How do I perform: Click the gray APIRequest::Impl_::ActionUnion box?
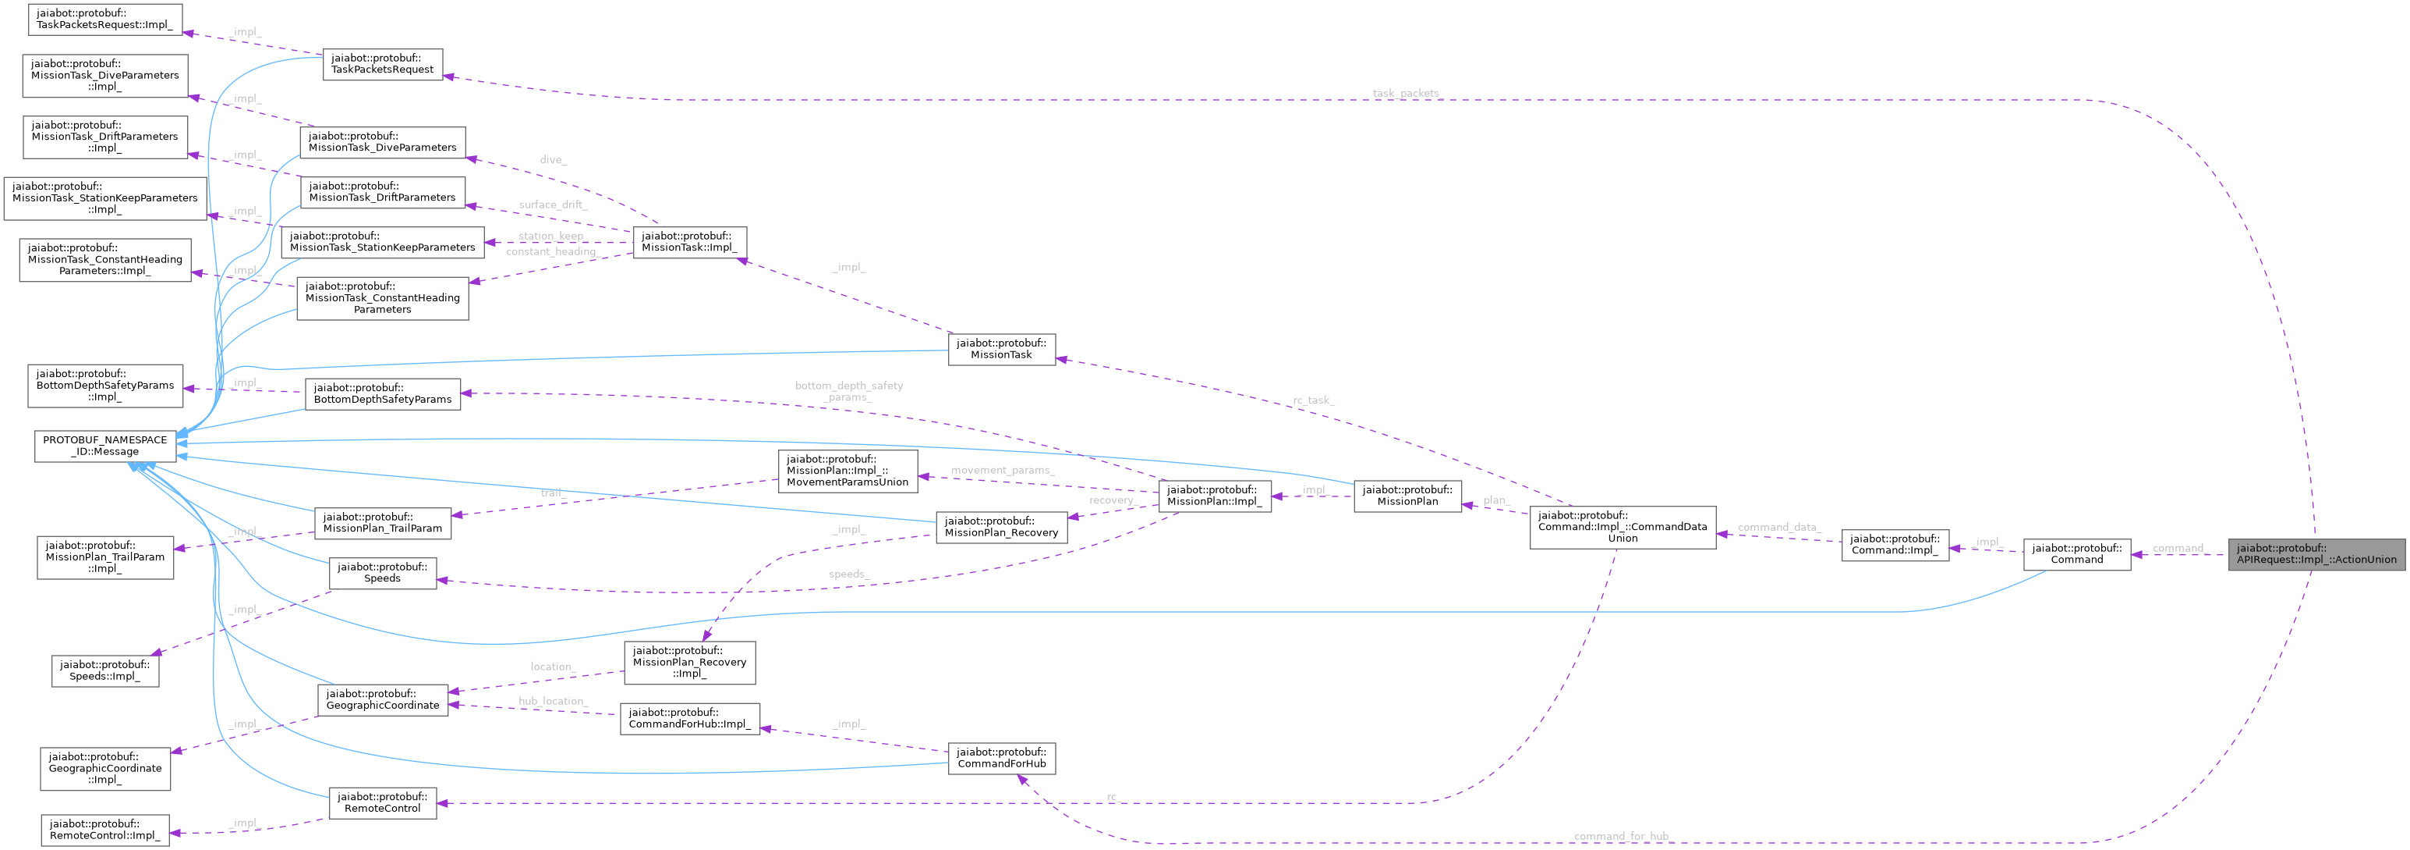2316,554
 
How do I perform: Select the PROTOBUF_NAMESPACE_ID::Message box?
104,446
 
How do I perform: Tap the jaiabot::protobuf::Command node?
2076,554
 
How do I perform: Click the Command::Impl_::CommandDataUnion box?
1623,527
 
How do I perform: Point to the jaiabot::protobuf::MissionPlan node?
1407,495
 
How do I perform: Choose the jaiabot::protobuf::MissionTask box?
1001,349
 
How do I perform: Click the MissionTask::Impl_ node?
689,241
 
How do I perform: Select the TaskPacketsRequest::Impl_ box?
104,19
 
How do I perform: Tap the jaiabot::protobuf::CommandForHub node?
1001,757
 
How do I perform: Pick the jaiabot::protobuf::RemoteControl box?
382,802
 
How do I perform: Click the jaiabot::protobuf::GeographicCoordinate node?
382,699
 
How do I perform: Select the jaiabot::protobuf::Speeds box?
382,573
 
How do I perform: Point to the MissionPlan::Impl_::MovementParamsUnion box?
847,471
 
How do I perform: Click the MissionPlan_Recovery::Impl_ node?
689,662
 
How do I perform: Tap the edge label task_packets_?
1406,94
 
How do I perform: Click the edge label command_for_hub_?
1621,836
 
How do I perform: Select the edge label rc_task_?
1314,400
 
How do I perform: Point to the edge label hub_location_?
553,701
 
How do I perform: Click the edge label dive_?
553,160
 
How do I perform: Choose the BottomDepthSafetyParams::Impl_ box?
104,385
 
